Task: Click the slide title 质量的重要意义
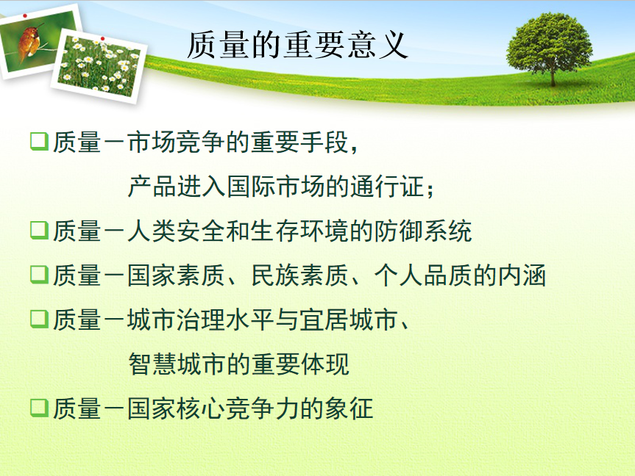pos(297,46)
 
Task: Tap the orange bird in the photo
pos(29,41)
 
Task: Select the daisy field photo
pos(99,67)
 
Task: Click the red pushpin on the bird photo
pos(25,15)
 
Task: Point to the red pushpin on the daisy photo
pos(103,39)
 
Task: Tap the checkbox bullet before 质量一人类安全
pos(39,230)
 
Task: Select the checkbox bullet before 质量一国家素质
pos(39,274)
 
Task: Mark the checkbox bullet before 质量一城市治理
pos(39,319)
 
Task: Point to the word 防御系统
pos(423,231)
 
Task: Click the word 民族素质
pos(299,275)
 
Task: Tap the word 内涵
pos(522,275)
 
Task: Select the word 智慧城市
pos(177,364)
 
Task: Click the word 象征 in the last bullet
pos(349,408)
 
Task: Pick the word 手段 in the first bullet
pos(324,143)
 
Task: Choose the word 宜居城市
pos(349,320)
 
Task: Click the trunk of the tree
pos(553,77)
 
